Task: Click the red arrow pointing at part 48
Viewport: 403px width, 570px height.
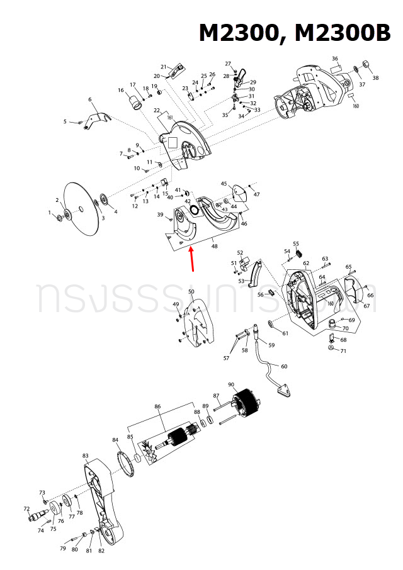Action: tap(191, 260)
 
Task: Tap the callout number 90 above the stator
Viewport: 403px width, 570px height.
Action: tap(231, 384)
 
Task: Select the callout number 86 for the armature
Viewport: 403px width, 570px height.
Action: tap(157, 407)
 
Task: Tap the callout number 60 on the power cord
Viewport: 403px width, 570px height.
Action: tap(284, 366)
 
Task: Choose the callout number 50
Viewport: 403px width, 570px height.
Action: tap(191, 292)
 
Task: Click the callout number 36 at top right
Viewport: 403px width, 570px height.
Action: tap(335, 59)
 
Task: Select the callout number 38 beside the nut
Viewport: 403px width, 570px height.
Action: tap(376, 78)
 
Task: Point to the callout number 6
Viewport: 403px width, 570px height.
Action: tap(90, 99)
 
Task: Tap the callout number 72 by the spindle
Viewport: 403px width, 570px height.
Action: tap(26, 508)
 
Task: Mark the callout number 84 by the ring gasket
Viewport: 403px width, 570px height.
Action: tap(115, 440)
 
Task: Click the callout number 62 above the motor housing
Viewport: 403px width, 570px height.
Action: tap(306, 263)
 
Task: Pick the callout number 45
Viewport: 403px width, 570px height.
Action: tap(224, 184)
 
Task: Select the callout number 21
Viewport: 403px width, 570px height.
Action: tap(163, 67)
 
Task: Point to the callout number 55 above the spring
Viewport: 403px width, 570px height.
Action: tap(296, 243)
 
